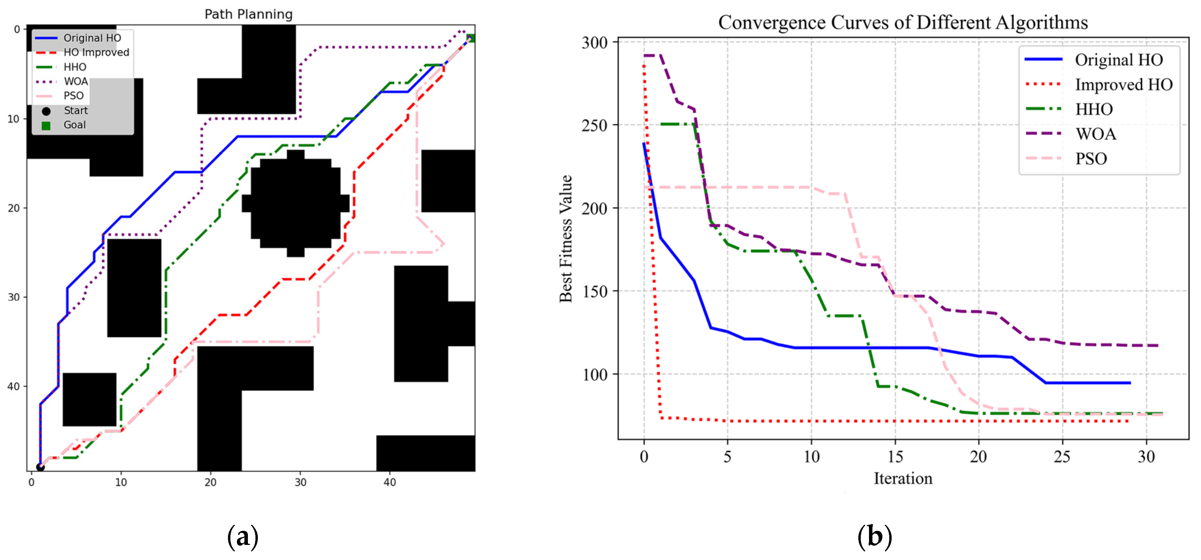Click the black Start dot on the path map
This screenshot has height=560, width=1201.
(x=41, y=467)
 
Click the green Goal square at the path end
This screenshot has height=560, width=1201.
(x=471, y=38)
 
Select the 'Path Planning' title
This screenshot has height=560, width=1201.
(x=249, y=14)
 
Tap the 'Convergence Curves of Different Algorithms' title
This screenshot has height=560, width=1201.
(x=903, y=22)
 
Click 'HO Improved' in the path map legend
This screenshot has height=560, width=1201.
(x=96, y=52)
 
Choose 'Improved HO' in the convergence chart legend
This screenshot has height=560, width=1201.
(x=1124, y=84)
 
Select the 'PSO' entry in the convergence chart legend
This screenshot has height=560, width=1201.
(x=1091, y=159)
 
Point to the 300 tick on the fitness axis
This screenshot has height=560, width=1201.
(x=595, y=43)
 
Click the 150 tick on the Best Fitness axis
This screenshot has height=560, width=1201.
(x=595, y=291)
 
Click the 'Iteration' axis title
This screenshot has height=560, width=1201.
(x=903, y=478)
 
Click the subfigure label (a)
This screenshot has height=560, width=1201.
(x=242, y=537)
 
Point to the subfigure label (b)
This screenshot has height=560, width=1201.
(x=874, y=537)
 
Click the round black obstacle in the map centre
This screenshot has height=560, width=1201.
(x=296, y=203)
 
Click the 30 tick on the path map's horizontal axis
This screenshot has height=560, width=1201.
(x=300, y=482)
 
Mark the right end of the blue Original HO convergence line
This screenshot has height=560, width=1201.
(x=1130, y=383)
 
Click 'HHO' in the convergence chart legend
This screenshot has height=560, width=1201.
(x=1094, y=109)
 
